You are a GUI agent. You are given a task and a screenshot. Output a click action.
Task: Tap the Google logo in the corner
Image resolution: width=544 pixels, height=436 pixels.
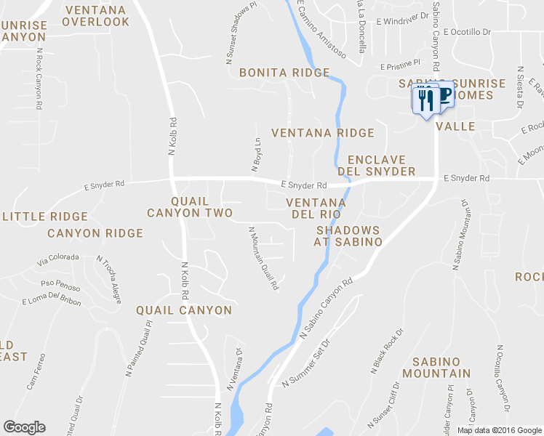(x=24, y=427)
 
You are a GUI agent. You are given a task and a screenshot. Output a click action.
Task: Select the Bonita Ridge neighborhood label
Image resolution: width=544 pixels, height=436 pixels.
(x=284, y=73)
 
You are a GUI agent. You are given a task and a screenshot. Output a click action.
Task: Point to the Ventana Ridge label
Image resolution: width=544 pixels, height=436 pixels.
(x=322, y=133)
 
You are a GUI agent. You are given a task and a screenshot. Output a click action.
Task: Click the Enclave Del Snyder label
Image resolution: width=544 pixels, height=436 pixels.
(x=381, y=166)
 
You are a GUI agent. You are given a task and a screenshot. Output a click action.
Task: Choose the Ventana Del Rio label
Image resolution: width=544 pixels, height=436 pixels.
(x=316, y=208)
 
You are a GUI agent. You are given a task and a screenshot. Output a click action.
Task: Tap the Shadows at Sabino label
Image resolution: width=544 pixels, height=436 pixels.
(x=348, y=235)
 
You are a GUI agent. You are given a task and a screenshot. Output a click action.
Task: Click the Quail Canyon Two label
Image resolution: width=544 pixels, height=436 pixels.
(x=189, y=207)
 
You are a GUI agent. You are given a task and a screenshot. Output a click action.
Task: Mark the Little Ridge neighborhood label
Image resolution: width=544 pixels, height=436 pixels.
(x=45, y=217)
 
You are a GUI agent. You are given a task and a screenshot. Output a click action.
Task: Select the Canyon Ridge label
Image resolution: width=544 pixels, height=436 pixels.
(x=95, y=233)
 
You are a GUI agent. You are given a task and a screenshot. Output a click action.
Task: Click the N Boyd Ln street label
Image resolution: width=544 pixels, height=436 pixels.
(x=256, y=155)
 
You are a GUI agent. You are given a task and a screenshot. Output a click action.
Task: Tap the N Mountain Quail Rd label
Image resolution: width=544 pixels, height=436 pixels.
(x=263, y=258)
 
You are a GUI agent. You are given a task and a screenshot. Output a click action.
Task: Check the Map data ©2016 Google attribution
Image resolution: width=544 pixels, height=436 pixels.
(x=499, y=430)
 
